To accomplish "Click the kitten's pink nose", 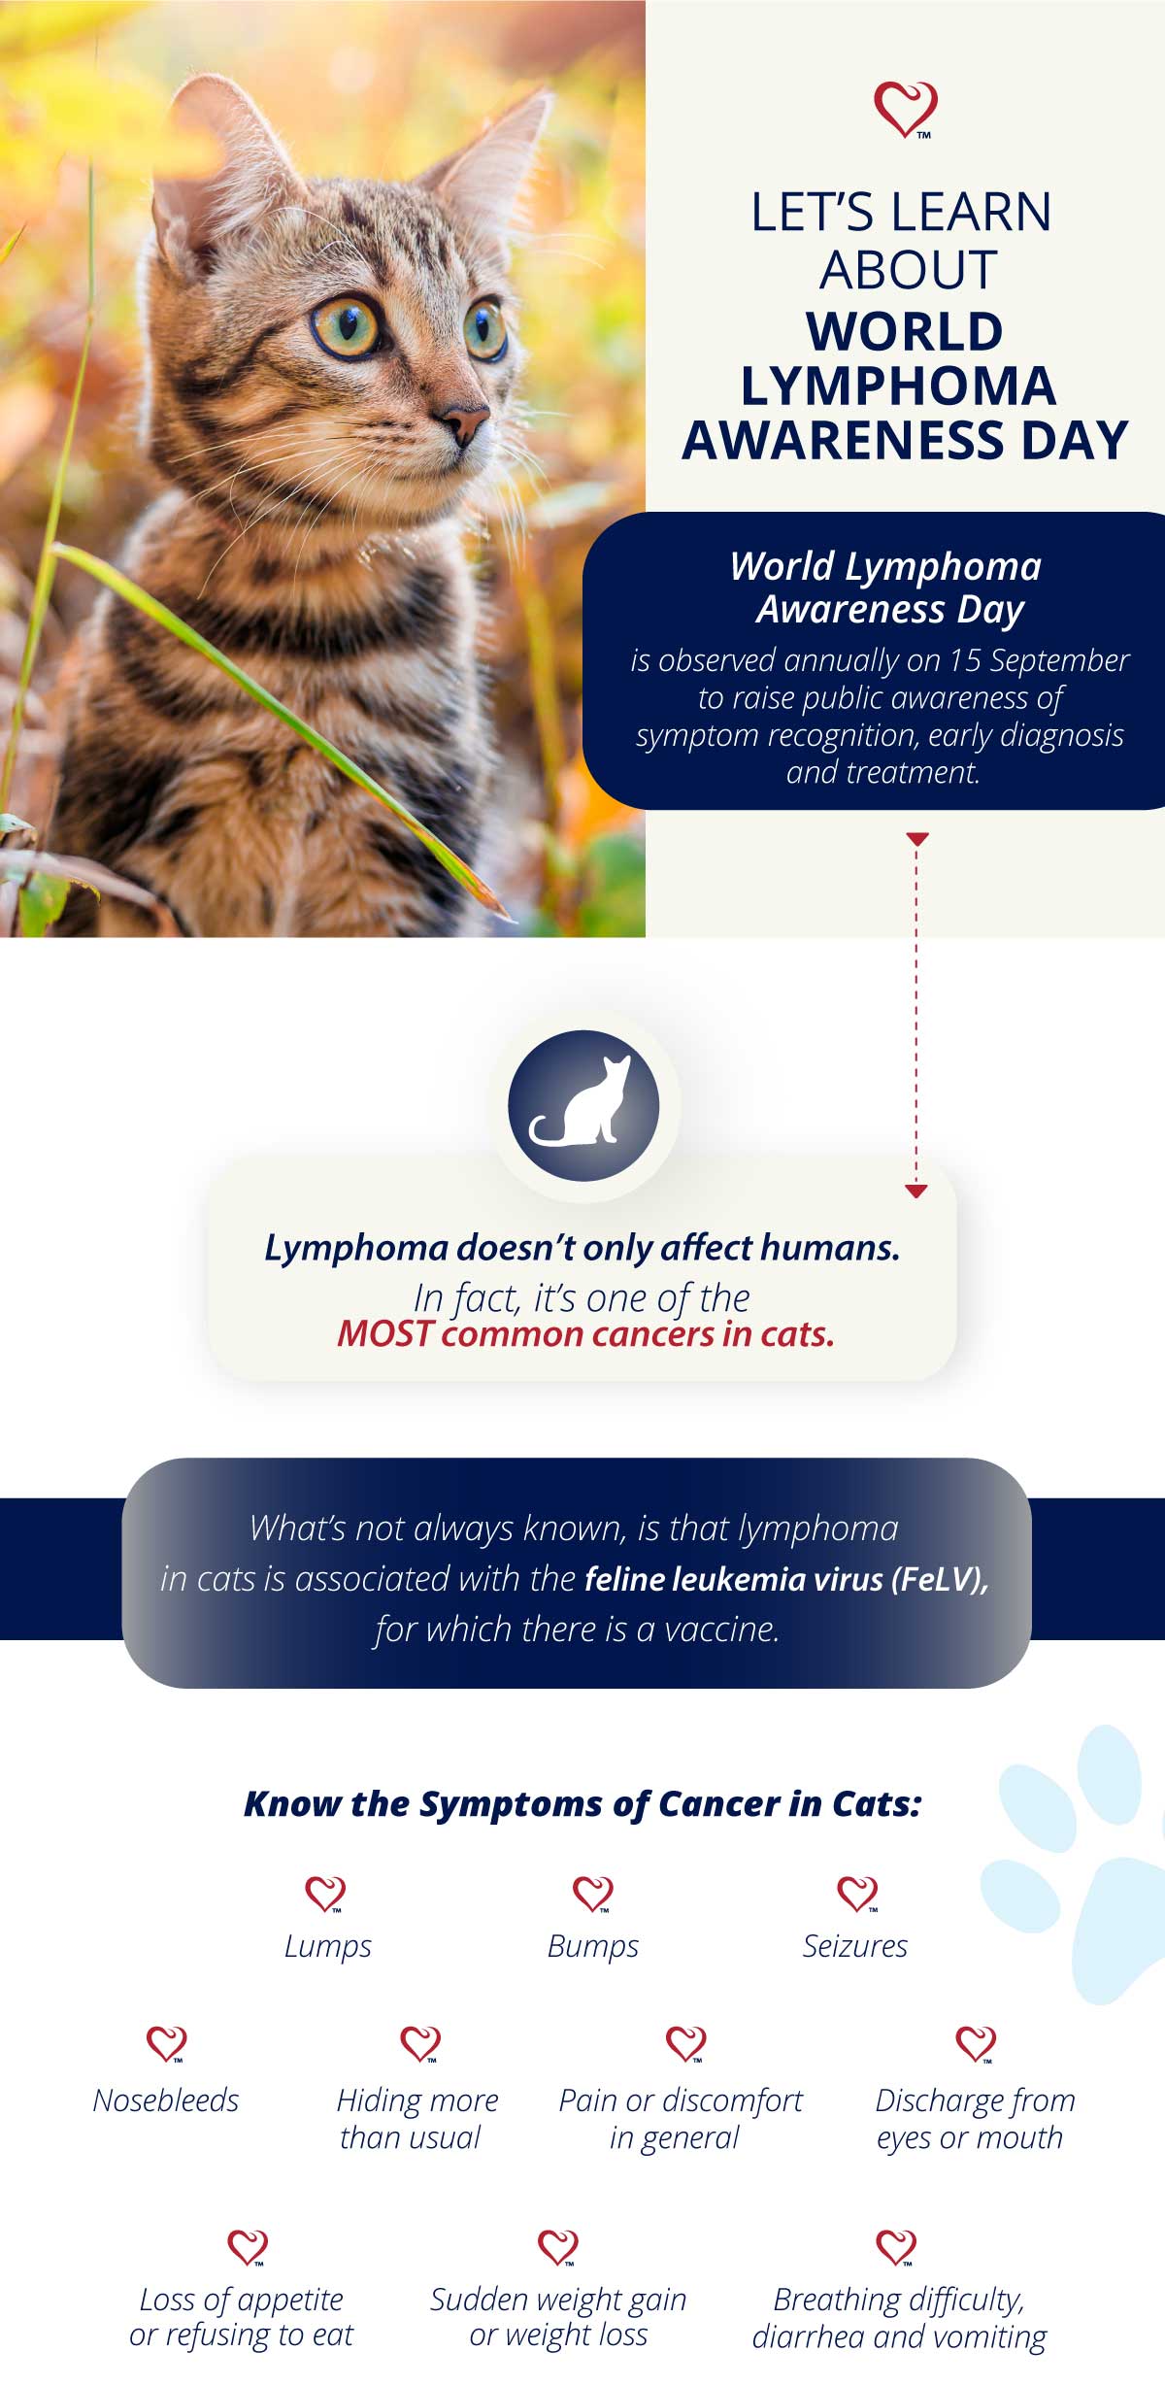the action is click(x=464, y=420).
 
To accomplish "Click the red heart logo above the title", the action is click(x=906, y=109).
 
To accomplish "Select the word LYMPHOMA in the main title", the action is click(x=898, y=386).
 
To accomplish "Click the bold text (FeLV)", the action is click(x=940, y=1580).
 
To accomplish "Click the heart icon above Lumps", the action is click(x=325, y=1894).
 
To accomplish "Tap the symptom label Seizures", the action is click(x=855, y=1946).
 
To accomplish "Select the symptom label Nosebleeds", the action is click(x=166, y=2100).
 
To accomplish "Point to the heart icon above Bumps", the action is click(x=592, y=1894).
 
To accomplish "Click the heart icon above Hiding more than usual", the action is click(x=419, y=2043).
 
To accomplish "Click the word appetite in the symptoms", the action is click(x=289, y=2301).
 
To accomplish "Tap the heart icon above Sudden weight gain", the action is click(x=557, y=2247).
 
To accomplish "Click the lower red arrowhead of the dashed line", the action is click(x=916, y=1191).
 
